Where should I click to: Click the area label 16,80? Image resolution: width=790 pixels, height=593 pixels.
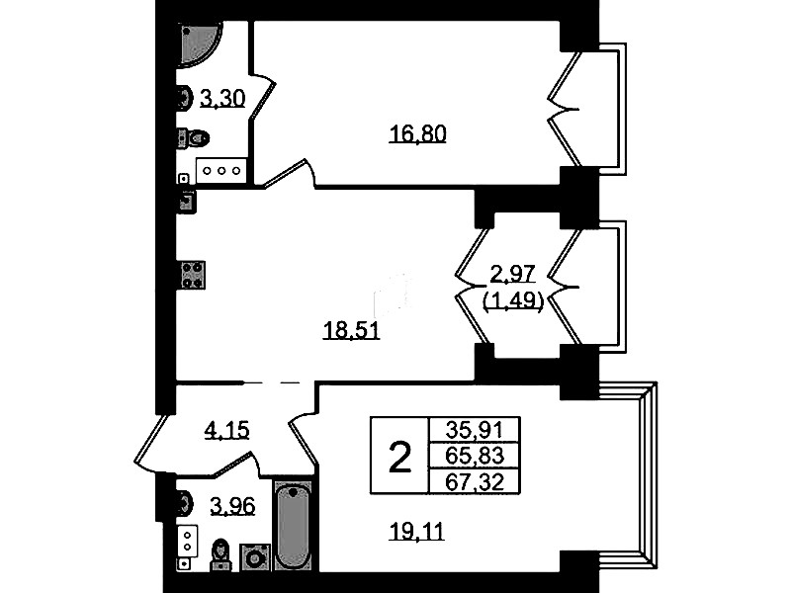pyautogui.click(x=417, y=134)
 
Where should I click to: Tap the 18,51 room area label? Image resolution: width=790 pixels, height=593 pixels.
pyautogui.click(x=351, y=331)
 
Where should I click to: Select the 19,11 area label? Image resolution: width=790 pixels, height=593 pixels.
pyautogui.click(x=417, y=531)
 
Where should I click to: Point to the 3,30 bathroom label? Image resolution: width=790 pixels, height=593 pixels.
pyautogui.click(x=222, y=98)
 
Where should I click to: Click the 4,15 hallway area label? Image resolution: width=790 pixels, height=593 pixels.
pyautogui.click(x=226, y=431)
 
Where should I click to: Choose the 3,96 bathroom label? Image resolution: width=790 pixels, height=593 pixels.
pyautogui.click(x=232, y=506)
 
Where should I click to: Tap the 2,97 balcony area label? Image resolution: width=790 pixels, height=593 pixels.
pyautogui.click(x=513, y=275)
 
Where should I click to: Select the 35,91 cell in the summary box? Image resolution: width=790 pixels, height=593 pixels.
pyautogui.click(x=475, y=430)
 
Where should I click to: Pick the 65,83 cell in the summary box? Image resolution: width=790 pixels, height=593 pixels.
pyautogui.click(x=475, y=456)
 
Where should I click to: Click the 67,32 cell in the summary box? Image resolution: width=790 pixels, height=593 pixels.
pyautogui.click(x=475, y=482)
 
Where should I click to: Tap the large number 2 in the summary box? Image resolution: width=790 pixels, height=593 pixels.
pyautogui.click(x=400, y=457)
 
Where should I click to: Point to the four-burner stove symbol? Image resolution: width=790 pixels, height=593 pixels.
pyautogui.click(x=193, y=275)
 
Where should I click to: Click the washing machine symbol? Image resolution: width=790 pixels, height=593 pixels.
pyautogui.click(x=255, y=557)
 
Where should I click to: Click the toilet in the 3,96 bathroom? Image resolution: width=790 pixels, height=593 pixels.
pyautogui.click(x=220, y=555)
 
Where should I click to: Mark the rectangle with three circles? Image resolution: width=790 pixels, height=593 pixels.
pyautogui.click(x=221, y=171)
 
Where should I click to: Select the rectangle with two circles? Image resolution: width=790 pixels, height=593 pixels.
pyautogui.click(x=188, y=541)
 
